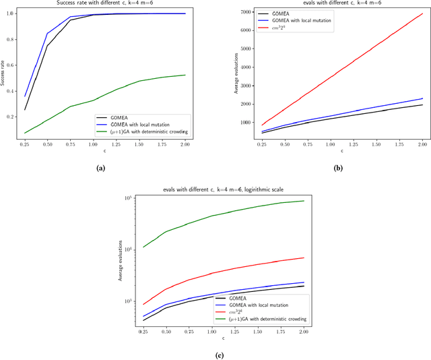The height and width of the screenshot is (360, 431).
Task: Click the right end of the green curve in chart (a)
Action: [185, 75]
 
